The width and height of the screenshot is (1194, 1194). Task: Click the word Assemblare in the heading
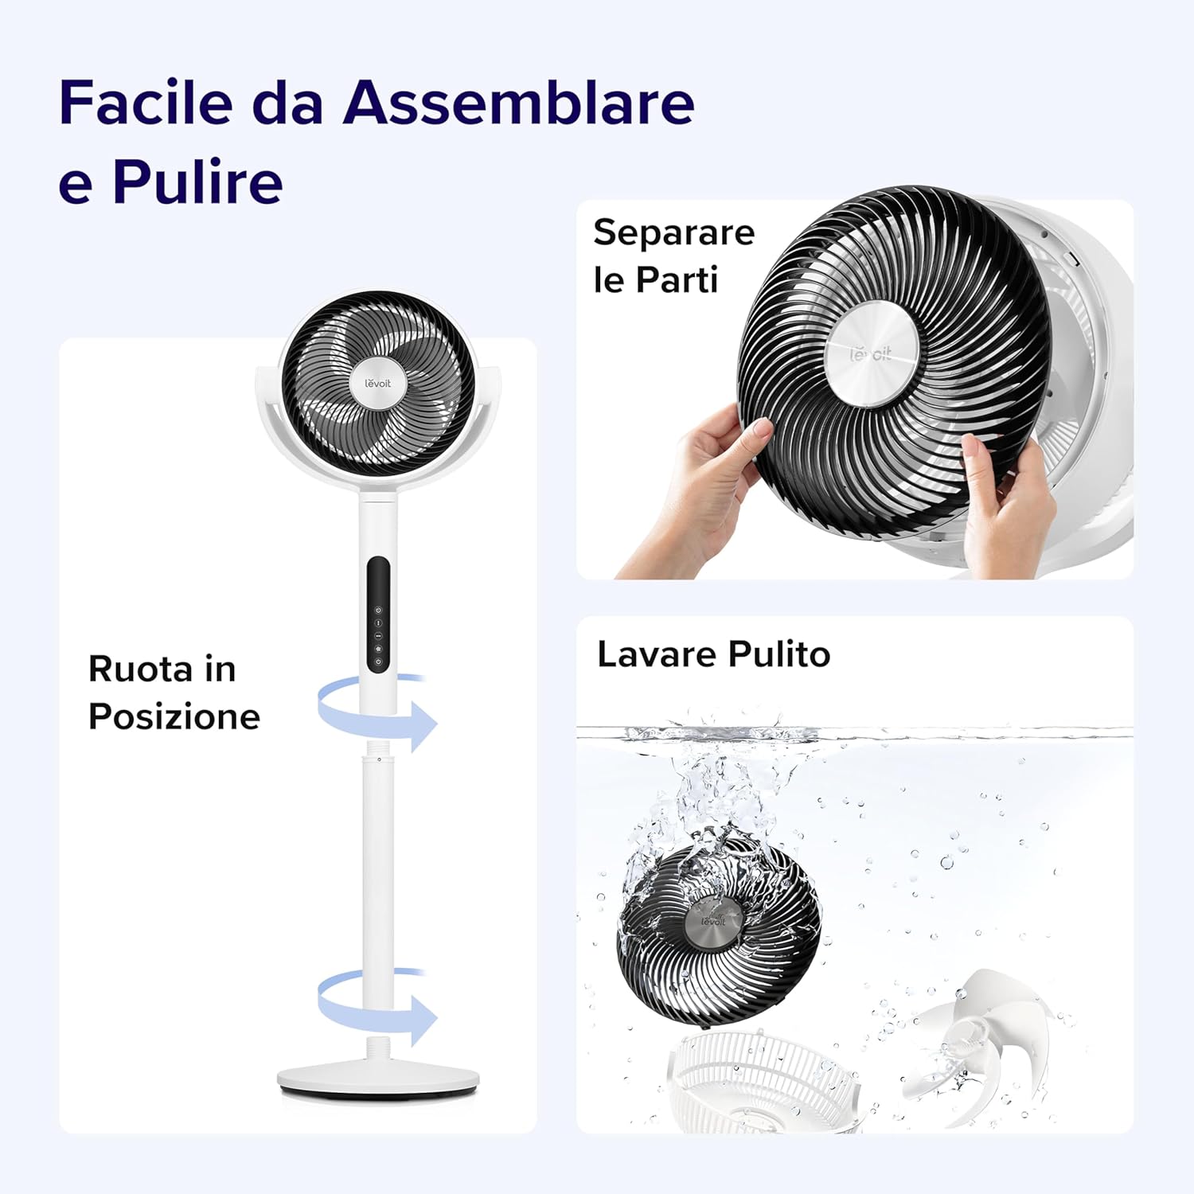tap(518, 103)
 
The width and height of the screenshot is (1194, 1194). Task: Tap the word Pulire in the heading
tap(197, 182)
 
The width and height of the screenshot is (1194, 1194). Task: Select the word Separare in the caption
tap(673, 232)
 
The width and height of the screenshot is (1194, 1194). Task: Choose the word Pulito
tap(779, 654)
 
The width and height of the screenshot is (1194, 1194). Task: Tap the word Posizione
tap(174, 716)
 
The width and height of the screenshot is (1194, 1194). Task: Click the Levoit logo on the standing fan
tap(378, 384)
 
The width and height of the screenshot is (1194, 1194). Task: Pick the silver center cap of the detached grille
tap(871, 354)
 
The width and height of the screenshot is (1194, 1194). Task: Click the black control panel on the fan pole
tap(378, 615)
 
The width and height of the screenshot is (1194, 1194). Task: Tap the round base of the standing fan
tap(378, 1079)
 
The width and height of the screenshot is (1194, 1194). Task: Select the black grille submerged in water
tap(716, 923)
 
